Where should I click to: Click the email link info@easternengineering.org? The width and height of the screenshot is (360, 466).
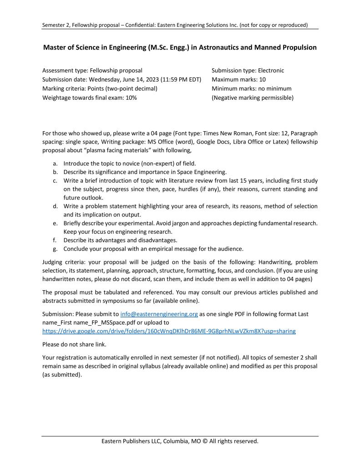click(159, 314)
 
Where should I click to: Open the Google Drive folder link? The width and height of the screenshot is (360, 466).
click(168, 331)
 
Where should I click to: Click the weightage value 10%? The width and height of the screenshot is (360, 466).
click(131, 97)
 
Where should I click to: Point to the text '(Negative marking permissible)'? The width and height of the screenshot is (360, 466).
click(253, 97)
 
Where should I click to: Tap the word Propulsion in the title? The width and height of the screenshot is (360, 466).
click(296, 47)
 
